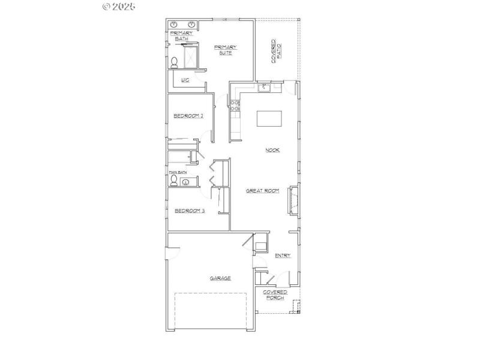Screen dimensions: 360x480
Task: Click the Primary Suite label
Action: click(x=226, y=49)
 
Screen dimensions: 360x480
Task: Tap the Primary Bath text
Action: click(x=182, y=35)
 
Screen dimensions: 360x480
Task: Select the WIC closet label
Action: click(x=185, y=80)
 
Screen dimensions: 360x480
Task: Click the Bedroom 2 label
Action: click(x=188, y=116)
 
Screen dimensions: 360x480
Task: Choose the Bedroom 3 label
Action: click(x=190, y=211)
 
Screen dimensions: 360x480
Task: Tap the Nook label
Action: click(x=273, y=150)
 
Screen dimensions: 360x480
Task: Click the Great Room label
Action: click(x=263, y=191)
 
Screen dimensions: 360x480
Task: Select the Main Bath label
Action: click(x=178, y=173)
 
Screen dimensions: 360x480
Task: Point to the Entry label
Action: click(x=283, y=256)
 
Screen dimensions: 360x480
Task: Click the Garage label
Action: click(x=220, y=278)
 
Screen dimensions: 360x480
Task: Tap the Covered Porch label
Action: click(x=275, y=295)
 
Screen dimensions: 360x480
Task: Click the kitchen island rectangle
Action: click(x=269, y=118)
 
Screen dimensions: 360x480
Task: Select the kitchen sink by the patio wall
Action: click(x=264, y=88)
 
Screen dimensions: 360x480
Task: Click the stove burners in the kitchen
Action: click(x=235, y=106)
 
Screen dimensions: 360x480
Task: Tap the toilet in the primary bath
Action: click(x=175, y=62)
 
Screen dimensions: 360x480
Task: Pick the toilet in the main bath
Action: click(x=174, y=181)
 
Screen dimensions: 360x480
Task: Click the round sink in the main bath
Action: click(x=185, y=182)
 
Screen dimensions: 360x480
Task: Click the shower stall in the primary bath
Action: click(x=190, y=58)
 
